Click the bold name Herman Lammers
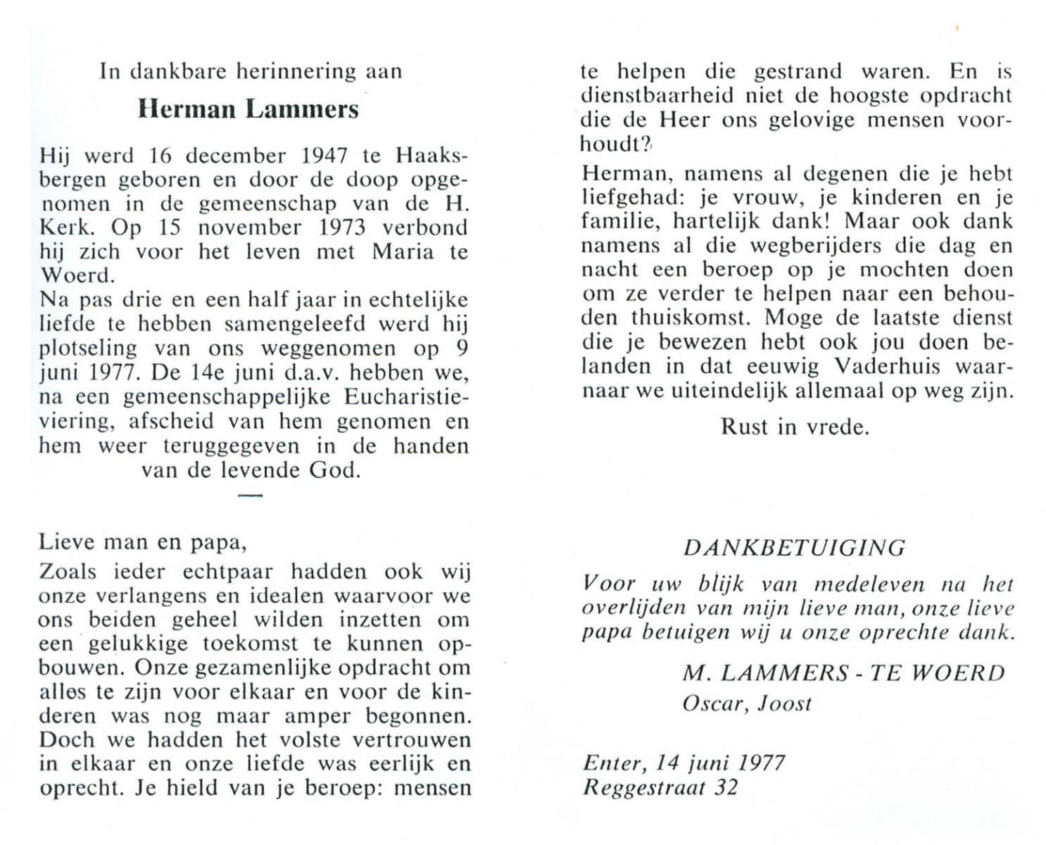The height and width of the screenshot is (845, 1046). [x=248, y=109]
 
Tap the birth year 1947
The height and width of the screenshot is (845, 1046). [x=324, y=156]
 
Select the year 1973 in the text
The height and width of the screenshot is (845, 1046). [x=341, y=227]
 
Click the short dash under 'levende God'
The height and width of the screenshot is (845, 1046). [x=250, y=496]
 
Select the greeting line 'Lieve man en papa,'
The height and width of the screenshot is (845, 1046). [x=142, y=542]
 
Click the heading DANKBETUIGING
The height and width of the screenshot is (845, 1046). [x=794, y=547]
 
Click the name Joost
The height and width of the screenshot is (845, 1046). [x=785, y=703]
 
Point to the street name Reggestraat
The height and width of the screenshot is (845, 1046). [x=643, y=787]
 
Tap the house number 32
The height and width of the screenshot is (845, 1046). [x=726, y=787]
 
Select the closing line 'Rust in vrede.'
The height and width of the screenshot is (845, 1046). [x=795, y=427]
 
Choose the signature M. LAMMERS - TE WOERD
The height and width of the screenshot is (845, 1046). [x=843, y=673]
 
